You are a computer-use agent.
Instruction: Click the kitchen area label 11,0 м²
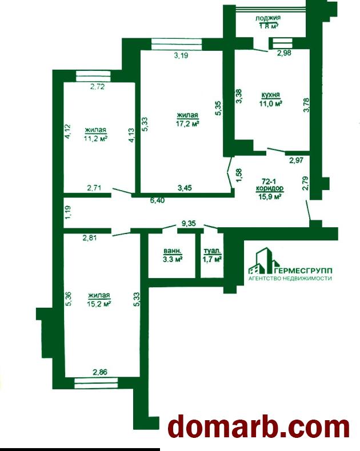pyautogui.click(x=270, y=103)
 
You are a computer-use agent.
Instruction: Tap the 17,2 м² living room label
pyautogui.click(x=188, y=124)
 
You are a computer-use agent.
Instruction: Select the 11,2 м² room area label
pyautogui.click(x=95, y=139)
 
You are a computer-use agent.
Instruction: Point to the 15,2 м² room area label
pyautogui.click(x=99, y=304)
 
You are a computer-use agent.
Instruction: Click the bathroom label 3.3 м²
pyautogui.click(x=173, y=259)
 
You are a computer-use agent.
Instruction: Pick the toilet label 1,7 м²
pyautogui.click(x=212, y=260)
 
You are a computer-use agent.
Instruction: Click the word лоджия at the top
pyautogui.click(x=268, y=18)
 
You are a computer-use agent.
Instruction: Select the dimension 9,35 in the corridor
pyautogui.click(x=188, y=223)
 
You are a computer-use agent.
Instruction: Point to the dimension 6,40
pyautogui.click(x=157, y=200)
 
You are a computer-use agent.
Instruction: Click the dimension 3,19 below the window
pyautogui.click(x=181, y=55)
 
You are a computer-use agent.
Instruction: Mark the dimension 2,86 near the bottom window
pyautogui.click(x=100, y=372)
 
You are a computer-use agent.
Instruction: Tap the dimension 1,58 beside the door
pyautogui.click(x=239, y=175)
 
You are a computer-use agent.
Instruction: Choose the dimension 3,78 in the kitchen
pyautogui.click(x=306, y=105)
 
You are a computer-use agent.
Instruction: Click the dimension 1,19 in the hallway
pyautogui.click(x=68, y=212)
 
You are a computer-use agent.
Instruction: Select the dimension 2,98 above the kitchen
pyautogui.click(x=284, y=53)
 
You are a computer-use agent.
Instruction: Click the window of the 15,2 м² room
pyautogui.click(x=96, y=383)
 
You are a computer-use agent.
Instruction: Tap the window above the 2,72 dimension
pyautogui.click(x=93, y=76)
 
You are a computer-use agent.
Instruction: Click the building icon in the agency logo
pyautogui.click(x=264, y=261)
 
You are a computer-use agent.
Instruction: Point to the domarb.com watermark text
pyautogui.click(x=259, y=428)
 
